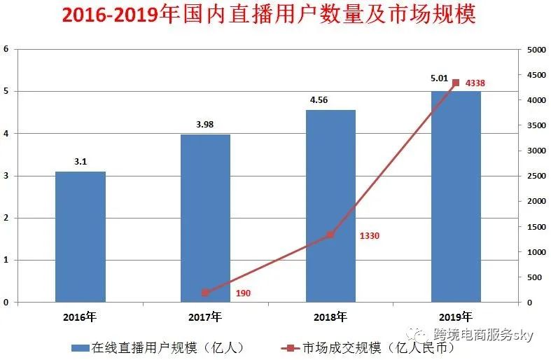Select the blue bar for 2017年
click(x=205, y=218)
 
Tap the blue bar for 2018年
click(x=330, y=206)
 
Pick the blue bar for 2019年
click(x=456, y=196)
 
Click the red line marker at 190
click(x=205, y=293)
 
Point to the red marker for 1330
click(x=330, y=235)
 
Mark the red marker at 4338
click(x=456, y=83)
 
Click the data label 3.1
click(x=81, y=162)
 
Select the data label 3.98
click(x=205, y=125)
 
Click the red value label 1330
click(x=369, y=236)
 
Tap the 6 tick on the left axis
click(x=6, y=49)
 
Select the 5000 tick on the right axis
click(x=536, y=50)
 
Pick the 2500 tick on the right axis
click(x=536, y=176)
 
